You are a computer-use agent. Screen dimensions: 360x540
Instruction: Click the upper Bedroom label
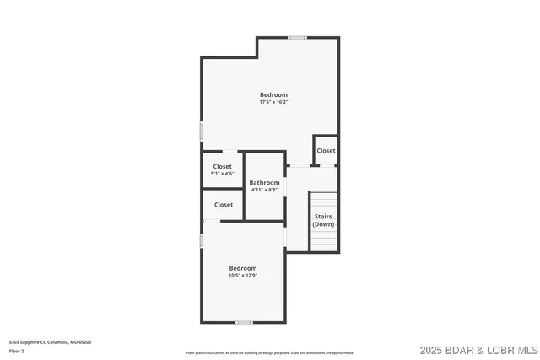273,94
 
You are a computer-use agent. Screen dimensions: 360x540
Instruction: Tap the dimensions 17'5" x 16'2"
273,102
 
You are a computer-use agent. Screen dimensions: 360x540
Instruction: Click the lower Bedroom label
243,268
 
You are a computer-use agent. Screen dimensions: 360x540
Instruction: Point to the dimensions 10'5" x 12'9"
243,276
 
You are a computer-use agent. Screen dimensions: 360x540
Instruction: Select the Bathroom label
264,182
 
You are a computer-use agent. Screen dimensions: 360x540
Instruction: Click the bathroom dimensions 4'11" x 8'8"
264,190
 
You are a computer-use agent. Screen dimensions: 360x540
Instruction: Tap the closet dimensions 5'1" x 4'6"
223,174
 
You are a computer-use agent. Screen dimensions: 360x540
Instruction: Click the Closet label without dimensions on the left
224,205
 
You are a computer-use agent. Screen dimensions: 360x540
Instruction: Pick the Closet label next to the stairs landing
326,151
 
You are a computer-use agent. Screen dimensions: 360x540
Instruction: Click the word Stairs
323,217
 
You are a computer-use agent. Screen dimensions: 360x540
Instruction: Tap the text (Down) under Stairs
323,224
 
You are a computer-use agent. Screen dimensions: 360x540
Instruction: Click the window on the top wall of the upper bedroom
297,37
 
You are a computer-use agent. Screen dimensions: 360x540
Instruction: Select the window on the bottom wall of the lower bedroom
244,322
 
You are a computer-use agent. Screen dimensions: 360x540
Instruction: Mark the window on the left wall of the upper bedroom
201,132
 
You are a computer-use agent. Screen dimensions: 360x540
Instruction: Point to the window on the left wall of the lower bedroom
201,241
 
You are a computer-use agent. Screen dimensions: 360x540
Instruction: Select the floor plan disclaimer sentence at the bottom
270,352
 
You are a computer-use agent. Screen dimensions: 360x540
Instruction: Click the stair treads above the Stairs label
324,201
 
